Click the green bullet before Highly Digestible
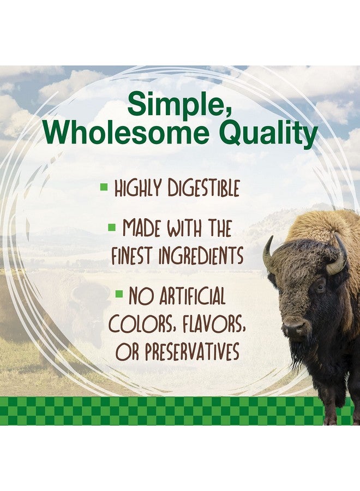[104, 187]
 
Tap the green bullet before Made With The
[111, 226]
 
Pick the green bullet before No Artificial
[119, 294]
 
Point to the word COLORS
[135, 325]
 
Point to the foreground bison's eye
[320, 285]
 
